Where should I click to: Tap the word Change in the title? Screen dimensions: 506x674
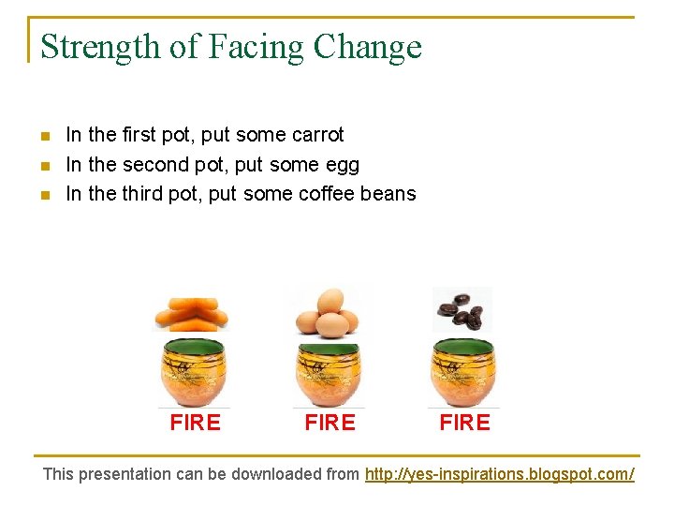pyautogui.click(x=368, y=47)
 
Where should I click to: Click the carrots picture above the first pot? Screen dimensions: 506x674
pyautogui.click(x=191, y=312)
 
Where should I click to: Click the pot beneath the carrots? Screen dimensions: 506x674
pyautogui.click(x=196, y=374)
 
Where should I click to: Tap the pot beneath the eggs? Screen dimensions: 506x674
pyautogui.click(x=329, y=374)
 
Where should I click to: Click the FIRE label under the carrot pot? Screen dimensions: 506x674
pyautogui.click(x=196, y=423)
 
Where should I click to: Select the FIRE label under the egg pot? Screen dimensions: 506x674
pyautogui.click(x=330, y=423)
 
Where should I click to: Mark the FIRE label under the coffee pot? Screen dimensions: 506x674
pyautogui.click(x=465, y=423)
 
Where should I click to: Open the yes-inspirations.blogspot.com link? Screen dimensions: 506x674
pyautogui.click(x=499, y=474)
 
